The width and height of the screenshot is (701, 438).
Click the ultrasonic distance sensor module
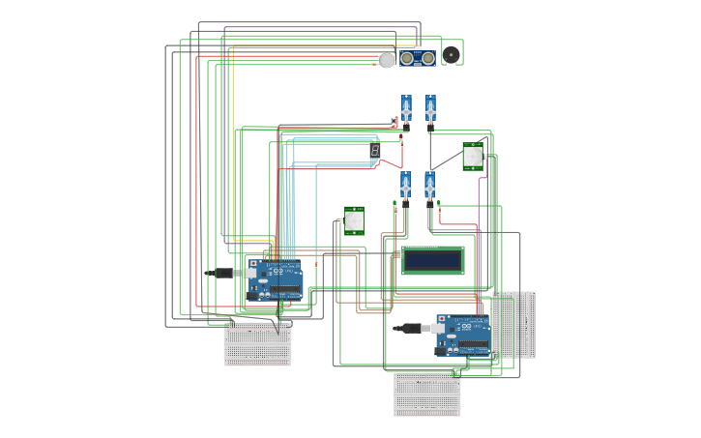click(417, 58)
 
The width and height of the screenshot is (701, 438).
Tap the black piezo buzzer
click(451, 55)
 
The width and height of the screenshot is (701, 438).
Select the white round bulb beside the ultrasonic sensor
click(387, 60)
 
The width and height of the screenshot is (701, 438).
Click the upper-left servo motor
click(406, 111)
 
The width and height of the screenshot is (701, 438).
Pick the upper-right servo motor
click(430, 111)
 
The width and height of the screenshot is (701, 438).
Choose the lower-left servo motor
click(405, 188)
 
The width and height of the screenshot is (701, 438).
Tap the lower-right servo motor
click(429, 188)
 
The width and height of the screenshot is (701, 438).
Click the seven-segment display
click(374, 152)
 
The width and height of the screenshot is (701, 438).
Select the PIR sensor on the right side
click(472, 156)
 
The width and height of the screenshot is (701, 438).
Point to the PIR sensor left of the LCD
click(354, 220)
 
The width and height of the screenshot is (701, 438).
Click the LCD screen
click(432, 260)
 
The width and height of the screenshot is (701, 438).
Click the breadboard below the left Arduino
click(257, 344)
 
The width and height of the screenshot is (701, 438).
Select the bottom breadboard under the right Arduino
click(426, 394)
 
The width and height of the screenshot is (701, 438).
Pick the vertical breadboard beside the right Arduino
click(513, 325)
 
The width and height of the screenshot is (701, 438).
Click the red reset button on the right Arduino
click(441, 318)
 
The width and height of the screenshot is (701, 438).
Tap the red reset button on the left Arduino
click(253, 263)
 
